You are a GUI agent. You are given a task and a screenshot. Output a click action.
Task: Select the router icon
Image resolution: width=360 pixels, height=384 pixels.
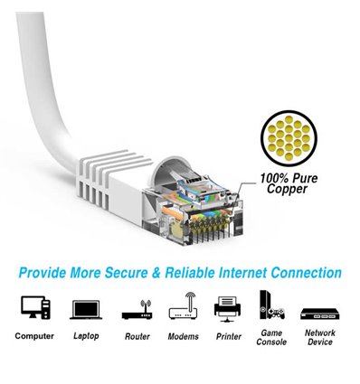136,309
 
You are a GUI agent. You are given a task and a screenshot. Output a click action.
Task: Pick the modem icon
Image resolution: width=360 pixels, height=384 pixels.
183,307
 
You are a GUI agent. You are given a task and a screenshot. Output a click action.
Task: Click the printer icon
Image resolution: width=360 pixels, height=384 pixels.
229,308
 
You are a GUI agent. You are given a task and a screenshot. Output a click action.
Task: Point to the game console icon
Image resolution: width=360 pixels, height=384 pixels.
272,305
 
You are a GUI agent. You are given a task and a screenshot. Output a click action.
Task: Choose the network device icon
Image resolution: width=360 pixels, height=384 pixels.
319,310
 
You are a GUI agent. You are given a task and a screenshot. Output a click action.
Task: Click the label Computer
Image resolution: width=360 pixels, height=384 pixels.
34,336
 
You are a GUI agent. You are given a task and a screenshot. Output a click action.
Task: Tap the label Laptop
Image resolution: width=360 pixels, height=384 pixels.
85,336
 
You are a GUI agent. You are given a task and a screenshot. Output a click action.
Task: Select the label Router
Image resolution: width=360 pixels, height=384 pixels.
136,336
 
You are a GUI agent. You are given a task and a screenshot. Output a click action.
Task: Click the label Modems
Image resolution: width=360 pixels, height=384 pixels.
183,336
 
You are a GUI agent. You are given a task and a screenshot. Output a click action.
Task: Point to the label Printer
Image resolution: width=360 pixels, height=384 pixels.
229,336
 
